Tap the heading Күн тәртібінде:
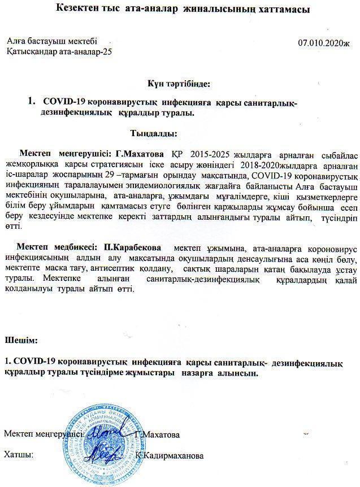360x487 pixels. pos(179,83)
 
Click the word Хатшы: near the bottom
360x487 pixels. pos(18,454)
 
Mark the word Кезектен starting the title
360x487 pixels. pos(79,10)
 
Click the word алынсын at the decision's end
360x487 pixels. pos(239,373)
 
